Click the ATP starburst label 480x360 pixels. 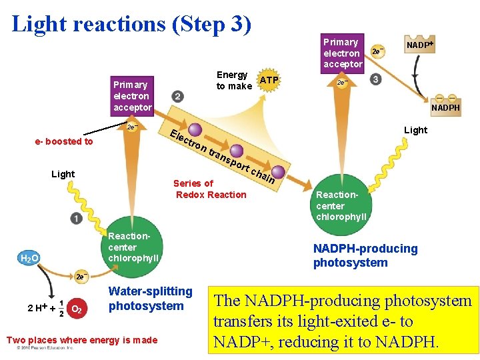point(269,81)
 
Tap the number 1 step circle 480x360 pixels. point(77,219)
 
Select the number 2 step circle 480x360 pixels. point(177,97)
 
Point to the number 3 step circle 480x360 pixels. point(376,79)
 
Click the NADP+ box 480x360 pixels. point(420,45)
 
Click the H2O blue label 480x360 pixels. point(30,258)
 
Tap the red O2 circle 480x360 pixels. point(77,309)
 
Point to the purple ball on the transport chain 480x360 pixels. point(196,131)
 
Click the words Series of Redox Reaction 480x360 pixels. point(210,189)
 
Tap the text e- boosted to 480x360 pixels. point(64,141)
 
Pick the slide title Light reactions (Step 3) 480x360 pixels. point(132,24)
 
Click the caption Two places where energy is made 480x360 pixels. point(81,340)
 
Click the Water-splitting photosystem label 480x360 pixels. point(150,299)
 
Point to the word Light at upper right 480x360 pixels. point(415,130)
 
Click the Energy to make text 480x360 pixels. point(233,80)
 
